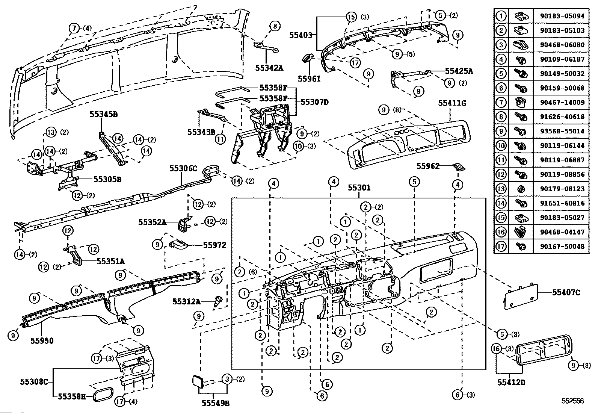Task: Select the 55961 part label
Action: pos(309,79)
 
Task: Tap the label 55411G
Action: pos(452,103)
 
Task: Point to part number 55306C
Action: pos(183,168)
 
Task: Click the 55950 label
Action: pos(42,341)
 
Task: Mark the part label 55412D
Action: pos(511,383)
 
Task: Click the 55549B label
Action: pos(215,403)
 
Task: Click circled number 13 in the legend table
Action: pos(501,189)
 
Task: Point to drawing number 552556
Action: pos(573,401)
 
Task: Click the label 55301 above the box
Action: pos(359,187)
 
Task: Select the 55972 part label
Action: pos(214,245)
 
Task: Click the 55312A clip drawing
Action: pos(217,302)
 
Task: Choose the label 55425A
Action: pos(459,71)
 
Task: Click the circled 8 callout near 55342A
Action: pos(275,26)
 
